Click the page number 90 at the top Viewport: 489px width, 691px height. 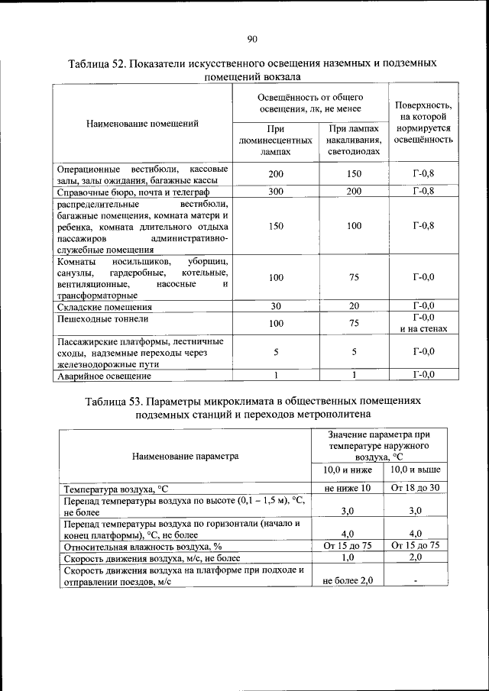[252, 39]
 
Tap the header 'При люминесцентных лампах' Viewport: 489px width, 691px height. [275, 140]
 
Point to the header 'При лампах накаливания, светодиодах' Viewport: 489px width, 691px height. [353, 140]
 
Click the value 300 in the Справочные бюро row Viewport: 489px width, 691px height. [275, 192]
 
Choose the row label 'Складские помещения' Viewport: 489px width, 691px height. [100, 307]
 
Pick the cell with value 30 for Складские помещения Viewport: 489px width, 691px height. [275, 307]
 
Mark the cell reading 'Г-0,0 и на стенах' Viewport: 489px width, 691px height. [423, 324]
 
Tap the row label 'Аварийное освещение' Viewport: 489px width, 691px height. [103, 376]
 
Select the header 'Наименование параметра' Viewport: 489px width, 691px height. [185, 456]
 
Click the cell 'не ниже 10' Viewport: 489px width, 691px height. [347, 488]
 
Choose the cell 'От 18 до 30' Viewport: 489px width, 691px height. [415, 488]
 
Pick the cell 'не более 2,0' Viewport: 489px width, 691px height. [347, 581]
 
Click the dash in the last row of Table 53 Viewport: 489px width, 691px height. [415, 581]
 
